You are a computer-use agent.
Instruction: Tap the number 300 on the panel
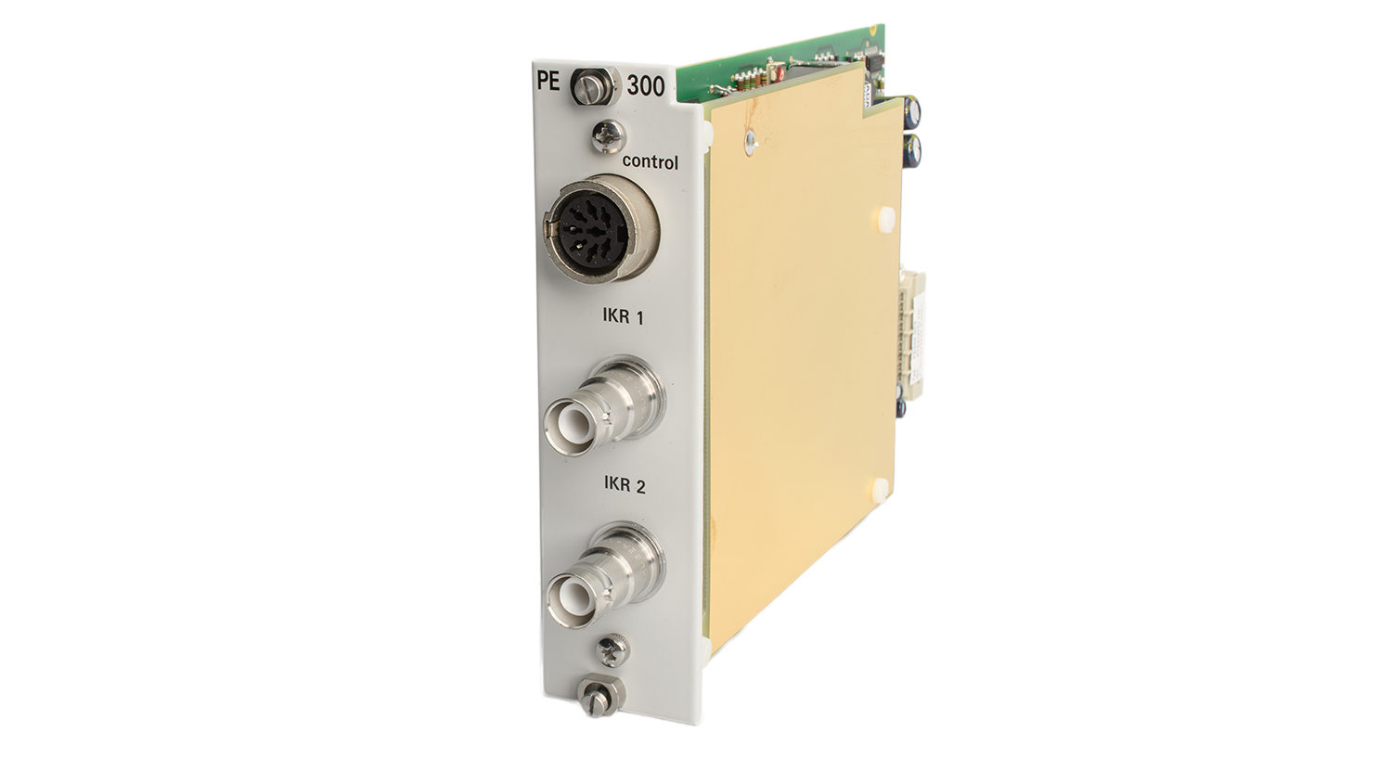[x=646, y=87]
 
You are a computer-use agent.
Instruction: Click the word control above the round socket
[x=650, y=162]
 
